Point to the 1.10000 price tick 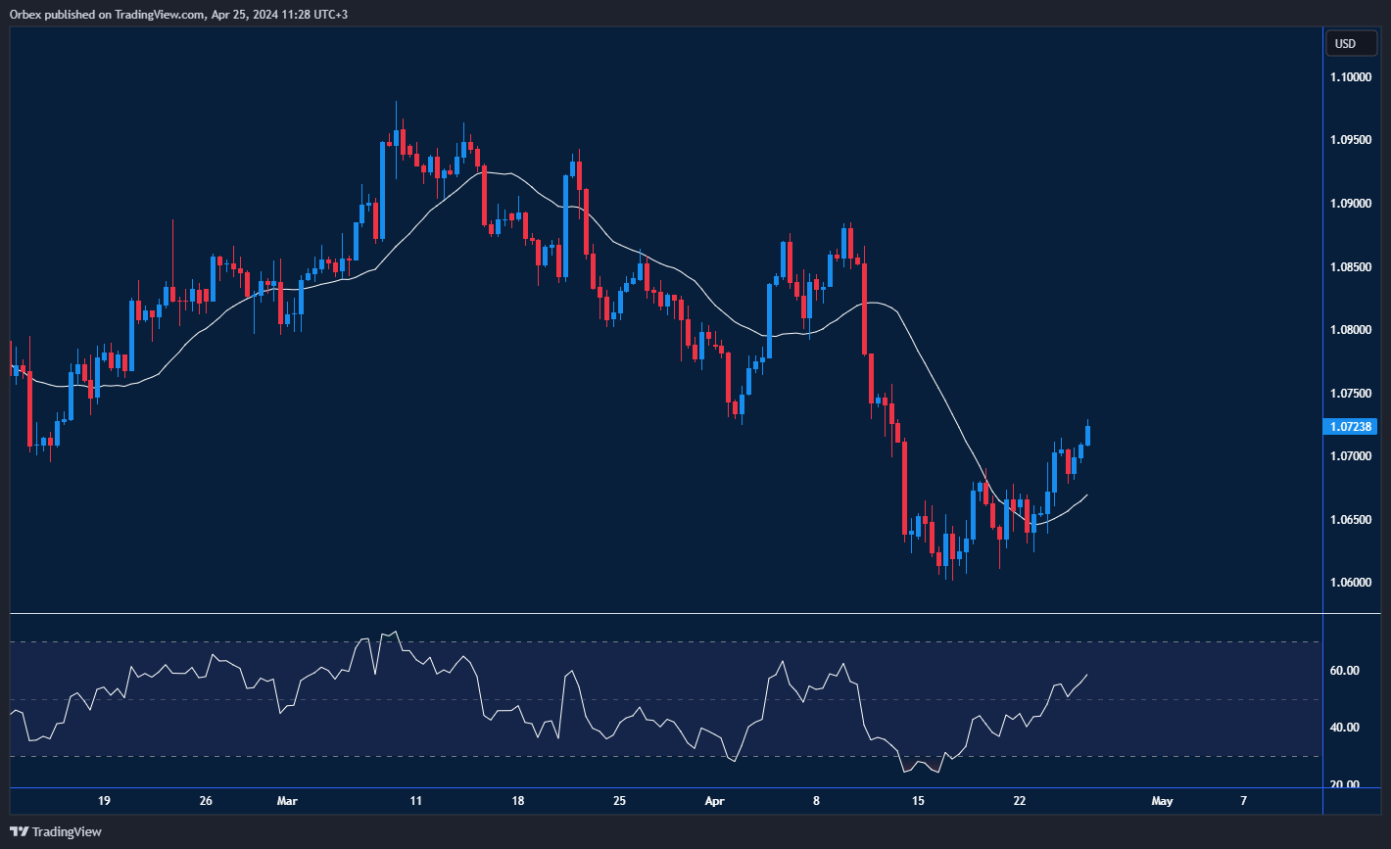click(1351, 76)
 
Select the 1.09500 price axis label click(1351, 140)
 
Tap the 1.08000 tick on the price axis click(1351, 330)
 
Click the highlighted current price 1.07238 click(1351, 427)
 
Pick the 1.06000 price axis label click(1351, 583)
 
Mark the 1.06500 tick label click(1351, 520)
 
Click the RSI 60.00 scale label click(1345, 671)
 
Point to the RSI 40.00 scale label click(1345, 728)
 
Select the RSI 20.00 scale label click(1345, 784)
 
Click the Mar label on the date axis click(288, 801)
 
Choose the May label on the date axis click(1162, 801)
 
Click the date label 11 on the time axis click(416, 801)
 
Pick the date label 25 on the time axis click(619, 801)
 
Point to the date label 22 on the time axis click(1020, 801)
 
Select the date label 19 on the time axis click(104, 801)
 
